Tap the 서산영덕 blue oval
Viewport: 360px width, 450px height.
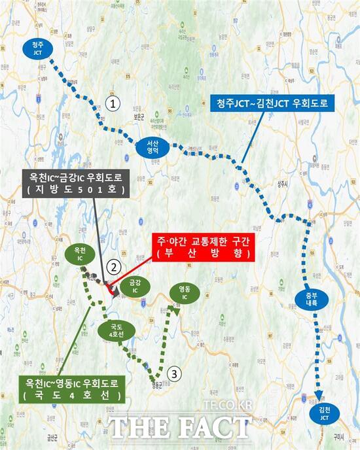152,149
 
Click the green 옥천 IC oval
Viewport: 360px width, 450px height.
80,254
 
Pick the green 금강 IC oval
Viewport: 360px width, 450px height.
135,287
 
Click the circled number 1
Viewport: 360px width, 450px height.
115,103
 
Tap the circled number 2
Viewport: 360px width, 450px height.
115,266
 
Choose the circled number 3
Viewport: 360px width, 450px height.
173,373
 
